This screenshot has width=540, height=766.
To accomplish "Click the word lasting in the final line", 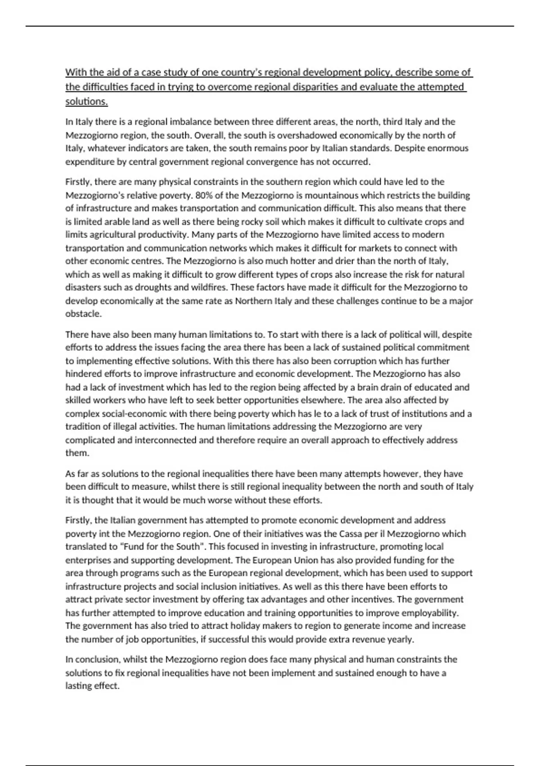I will pyautogui.click(x=79, y=686).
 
